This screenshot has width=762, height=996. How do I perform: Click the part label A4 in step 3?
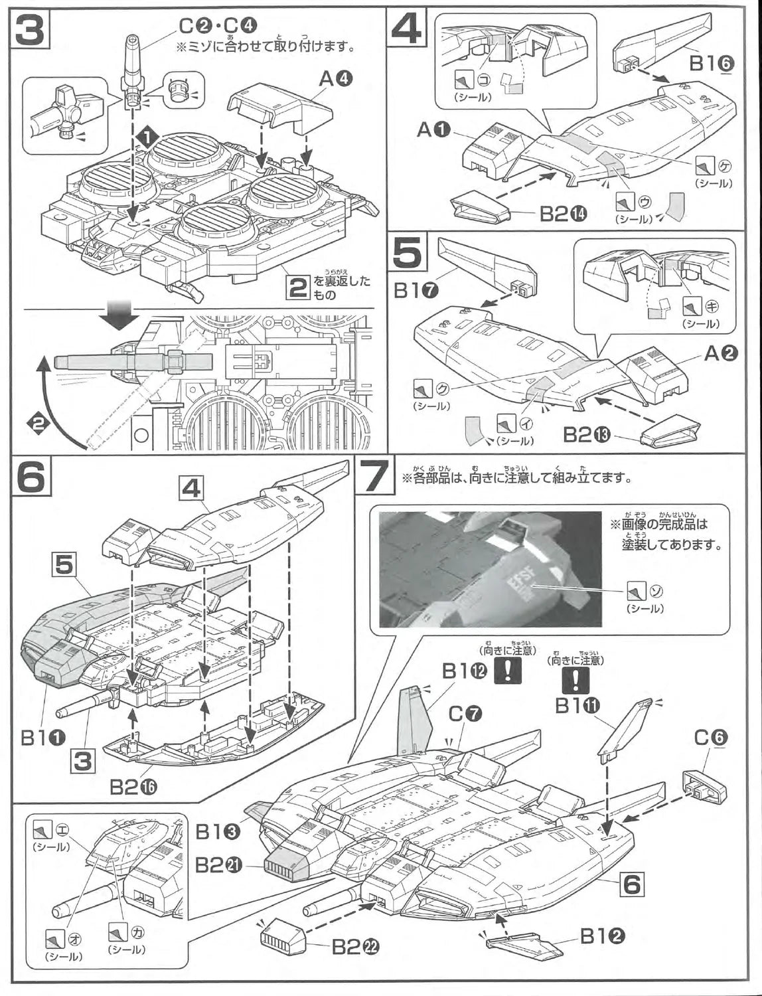pos(336,80)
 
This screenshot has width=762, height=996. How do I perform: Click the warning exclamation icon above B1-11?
pos(575,679)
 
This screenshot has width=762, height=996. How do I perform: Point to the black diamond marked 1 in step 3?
pos(146,137)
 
